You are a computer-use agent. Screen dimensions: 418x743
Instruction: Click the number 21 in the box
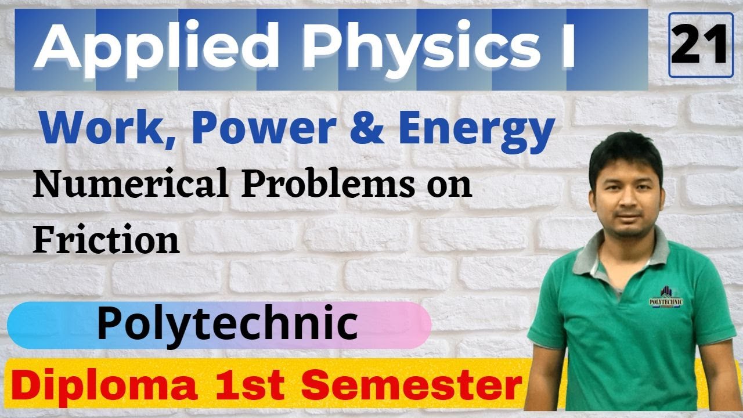[699, 45]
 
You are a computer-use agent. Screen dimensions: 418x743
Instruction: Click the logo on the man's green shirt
[665, 297]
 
